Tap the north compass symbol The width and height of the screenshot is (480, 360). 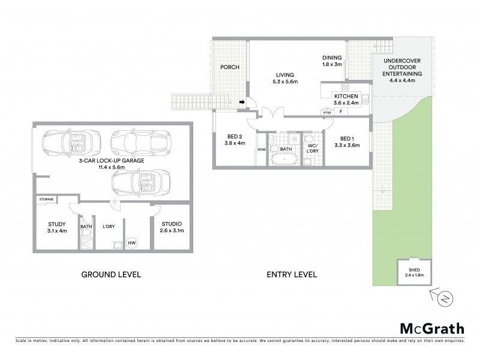pos(445,297)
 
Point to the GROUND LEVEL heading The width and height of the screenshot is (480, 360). pos(111,275)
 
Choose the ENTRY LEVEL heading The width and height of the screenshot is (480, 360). pos(292,275)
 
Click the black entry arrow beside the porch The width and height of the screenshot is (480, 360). pos(241,103)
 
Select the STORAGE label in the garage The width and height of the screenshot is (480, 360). pos(46,199)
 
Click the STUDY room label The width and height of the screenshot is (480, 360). pos(56,224)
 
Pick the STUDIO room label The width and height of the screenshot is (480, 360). pos(172,224)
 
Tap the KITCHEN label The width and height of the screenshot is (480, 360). pos(346,96)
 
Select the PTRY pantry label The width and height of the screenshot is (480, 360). pos(327,112)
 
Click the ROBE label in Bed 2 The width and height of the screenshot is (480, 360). pos(262,149)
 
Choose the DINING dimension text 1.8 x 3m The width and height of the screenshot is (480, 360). pos(332,64)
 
